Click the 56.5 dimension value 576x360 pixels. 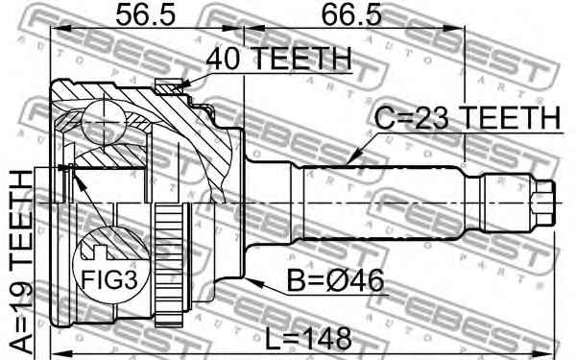pos(146,14)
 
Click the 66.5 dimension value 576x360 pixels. pos(351,14)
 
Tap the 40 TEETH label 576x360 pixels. pos(278,59)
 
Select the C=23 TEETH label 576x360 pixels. pos(468,117)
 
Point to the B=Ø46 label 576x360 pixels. pos(335,281)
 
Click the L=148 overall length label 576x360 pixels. pos(308,339)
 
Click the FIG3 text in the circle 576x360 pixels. pos(109,280)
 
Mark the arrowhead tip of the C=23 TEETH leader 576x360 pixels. pos(348,162)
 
